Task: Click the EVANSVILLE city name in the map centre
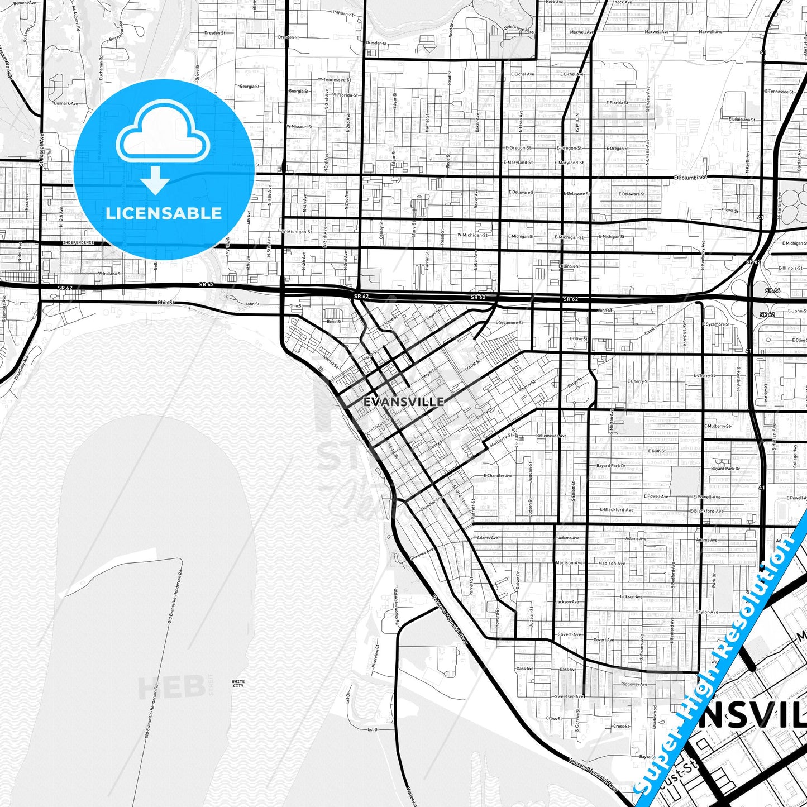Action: [403, 401]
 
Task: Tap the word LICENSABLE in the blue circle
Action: [164, 213]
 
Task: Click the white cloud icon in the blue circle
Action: [163, 137]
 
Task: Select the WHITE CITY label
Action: [238, 683]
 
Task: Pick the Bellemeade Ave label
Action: [551, 436]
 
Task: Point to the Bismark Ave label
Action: [65, 103]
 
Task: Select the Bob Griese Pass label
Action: [519, 30]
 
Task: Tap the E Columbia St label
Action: [690, 177]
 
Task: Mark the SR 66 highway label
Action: [772, 290]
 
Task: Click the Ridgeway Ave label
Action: [634, 684]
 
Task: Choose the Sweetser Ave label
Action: [570, 696]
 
